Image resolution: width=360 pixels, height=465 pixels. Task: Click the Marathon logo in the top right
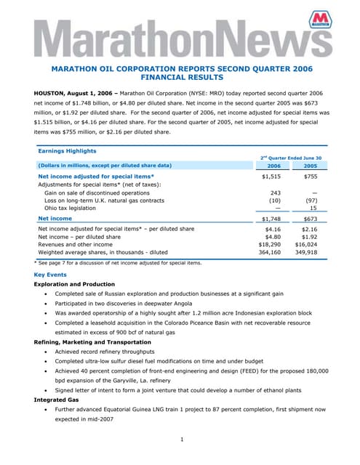click(319, 21)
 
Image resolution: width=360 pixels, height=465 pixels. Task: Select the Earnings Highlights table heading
click(67, 151)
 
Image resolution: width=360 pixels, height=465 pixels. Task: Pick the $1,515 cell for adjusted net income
click(270, 176)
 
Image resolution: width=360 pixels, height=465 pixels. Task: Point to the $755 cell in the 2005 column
click(310, 176)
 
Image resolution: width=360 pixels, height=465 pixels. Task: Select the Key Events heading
click(50, 275)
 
